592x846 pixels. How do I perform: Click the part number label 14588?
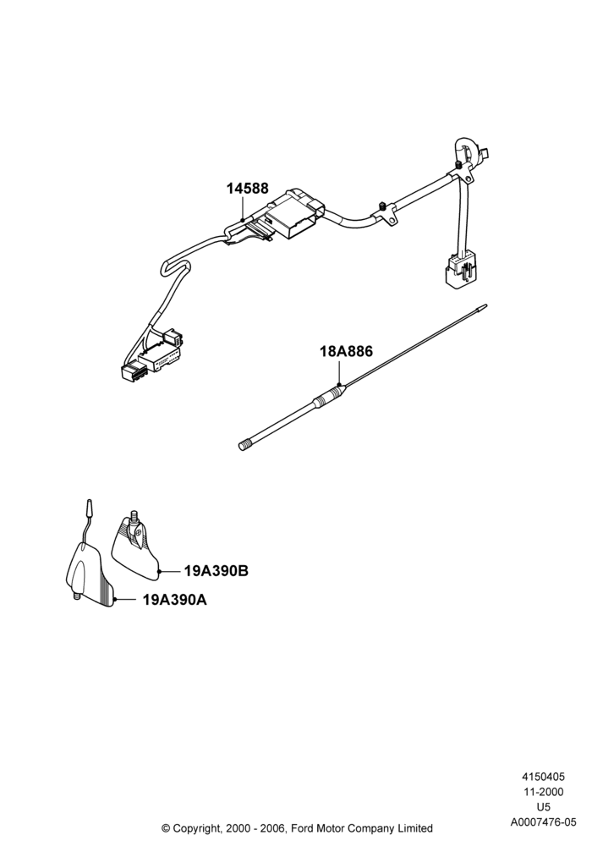[x=247, y=189]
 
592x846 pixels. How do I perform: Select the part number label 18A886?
[x=346, y=351]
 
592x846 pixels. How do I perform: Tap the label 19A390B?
[x=217, y=571]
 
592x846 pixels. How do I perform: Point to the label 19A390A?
[x=175, y=600]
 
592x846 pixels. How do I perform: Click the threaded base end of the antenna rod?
[x=244, y=445]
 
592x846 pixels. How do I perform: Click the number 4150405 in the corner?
[x=543, y=777]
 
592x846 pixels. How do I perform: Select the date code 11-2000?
[x=544, y=792]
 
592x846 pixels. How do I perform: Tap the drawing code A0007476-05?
[x=544, y=822]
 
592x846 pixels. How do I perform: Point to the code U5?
[x=544, y=807]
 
